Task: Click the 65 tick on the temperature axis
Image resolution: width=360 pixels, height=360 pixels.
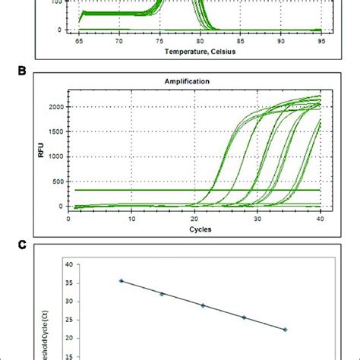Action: tap(78, 43)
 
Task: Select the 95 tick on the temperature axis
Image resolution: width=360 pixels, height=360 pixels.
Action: tap(321, 43)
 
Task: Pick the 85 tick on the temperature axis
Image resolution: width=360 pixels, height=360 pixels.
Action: tap(241, 43)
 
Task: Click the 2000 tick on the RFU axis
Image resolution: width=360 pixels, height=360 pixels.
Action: tap(54, 108)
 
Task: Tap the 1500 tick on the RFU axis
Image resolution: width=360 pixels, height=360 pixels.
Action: tap(54, 132)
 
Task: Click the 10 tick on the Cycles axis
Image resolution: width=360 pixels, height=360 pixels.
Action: tap(131, 218)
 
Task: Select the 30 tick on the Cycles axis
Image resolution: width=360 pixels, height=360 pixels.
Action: tap(257, 218)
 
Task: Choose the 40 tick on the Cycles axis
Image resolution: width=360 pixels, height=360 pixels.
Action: tap(321, 218)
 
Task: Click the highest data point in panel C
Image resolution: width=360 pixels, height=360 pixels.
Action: tap(121, 280)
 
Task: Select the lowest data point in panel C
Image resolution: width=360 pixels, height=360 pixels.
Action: tap(285, 330)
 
